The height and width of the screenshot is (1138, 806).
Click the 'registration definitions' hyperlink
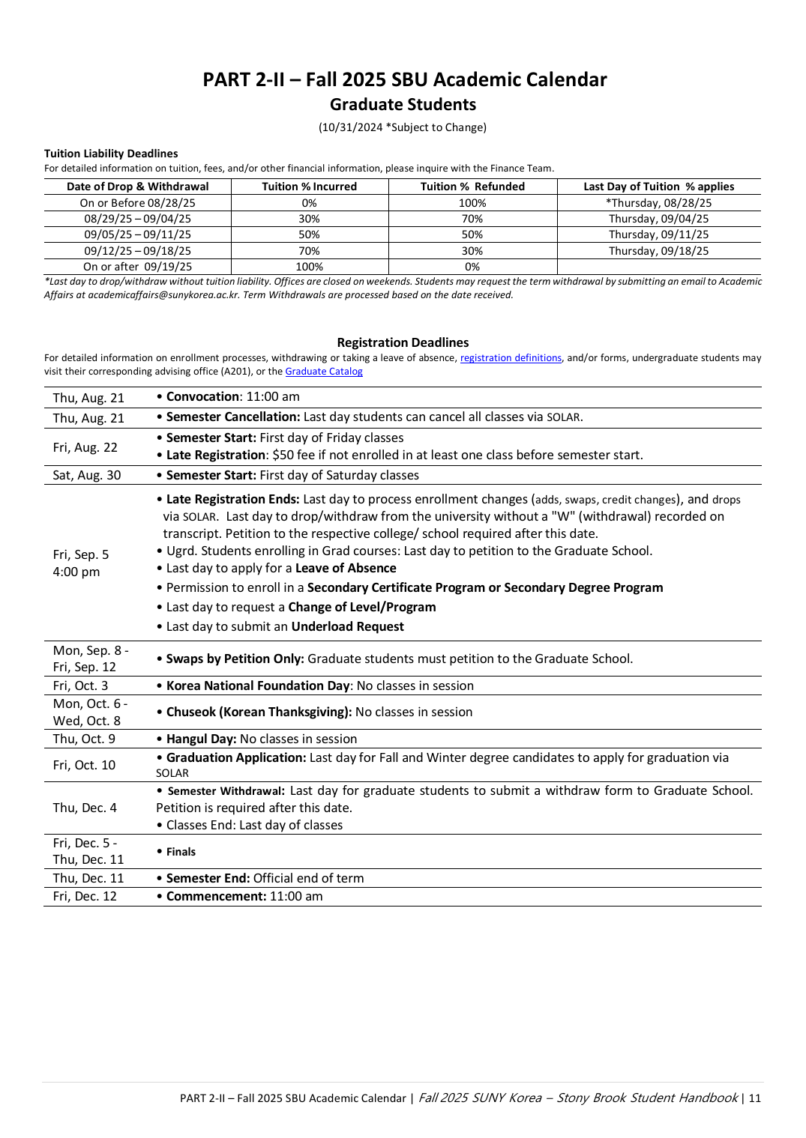coord(511,358)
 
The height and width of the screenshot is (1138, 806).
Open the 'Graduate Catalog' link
coord(324,372)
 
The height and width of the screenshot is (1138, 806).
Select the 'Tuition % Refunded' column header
coord(472,187)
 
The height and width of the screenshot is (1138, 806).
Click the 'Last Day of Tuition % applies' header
coord(658,187)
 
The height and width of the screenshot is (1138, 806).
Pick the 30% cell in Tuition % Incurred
coord(309,219)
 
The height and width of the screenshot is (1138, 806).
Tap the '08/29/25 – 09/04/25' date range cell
coord(137,219)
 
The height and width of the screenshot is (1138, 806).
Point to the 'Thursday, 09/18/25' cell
coord(658,251)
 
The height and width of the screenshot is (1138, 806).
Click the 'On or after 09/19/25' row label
coord(137,267)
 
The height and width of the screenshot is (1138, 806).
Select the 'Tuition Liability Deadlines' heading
coord(111,154)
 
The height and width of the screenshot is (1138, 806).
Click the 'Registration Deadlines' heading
coord(403,342)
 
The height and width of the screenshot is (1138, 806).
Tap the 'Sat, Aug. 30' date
coord(87,475)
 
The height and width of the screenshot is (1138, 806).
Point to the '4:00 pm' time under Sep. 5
coord(76,572)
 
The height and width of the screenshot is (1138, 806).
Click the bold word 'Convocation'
coord(202,396)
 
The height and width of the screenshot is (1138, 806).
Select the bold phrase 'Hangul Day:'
coord(201,739)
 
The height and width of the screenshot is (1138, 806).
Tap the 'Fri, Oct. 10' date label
coord(84,765)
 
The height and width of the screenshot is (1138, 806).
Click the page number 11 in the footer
coord(754,1098)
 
